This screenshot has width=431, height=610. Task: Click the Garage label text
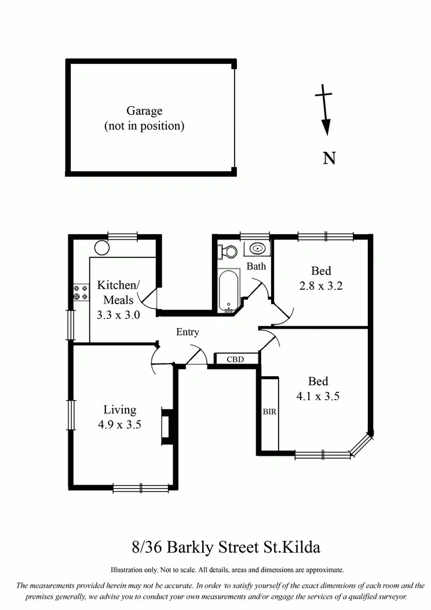[x=144, y=111]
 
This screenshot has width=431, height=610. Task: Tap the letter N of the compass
[x=329, y=158]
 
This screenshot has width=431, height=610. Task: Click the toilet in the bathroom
[x=227, y=252]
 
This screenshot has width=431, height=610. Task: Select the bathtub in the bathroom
[x=229, y=290]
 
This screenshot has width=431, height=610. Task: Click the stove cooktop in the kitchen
[x=81, y=293]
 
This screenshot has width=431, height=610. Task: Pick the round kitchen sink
[x=102, y=248]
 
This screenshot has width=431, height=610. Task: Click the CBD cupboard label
[x=235, y=360]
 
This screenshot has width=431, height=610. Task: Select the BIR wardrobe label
[x=269, y=412]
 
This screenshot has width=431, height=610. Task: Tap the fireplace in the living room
[x=167, y=427]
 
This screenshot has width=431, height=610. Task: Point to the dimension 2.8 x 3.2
[x=322, y=285]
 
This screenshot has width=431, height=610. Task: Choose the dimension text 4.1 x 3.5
[x=318, y=397]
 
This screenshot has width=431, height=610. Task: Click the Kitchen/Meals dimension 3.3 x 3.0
[x=118, y=315]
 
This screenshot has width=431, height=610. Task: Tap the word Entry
[x=187, y=332]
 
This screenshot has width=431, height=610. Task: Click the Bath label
[x=256, y=266]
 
